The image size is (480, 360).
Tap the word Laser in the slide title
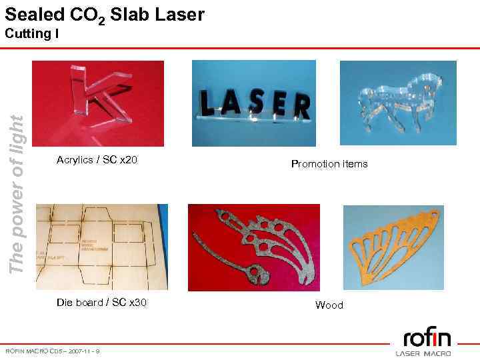(179, 14)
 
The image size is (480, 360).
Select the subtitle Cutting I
(32, 33)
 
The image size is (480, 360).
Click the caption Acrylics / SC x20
(97, 160)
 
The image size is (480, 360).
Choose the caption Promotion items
(329, 164)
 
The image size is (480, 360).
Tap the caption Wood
(329, 305)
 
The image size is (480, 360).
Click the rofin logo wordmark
(427, 336)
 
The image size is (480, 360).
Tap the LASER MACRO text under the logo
(423, 353)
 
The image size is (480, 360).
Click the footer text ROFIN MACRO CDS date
(53, 351)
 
